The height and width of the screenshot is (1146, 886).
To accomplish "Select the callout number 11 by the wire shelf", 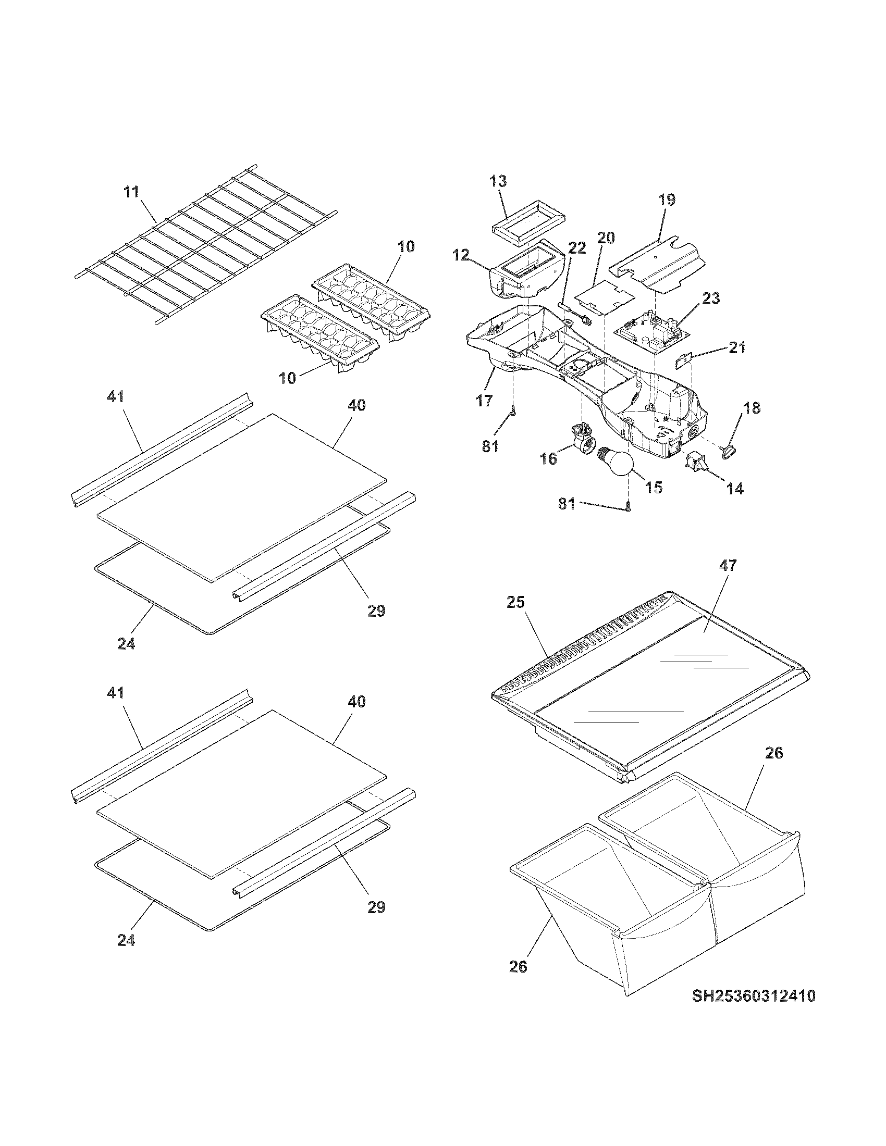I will pyautogui.click(x=131, y=192).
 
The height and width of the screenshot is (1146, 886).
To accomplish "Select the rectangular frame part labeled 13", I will pyautogui.click(x=528, y=223).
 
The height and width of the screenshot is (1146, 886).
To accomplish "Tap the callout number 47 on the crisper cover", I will pyautogui.click(x=728, y=565).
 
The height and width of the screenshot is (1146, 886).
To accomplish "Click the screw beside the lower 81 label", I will pyautogui.click(x=628, y=507).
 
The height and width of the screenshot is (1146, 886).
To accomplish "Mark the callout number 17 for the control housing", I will pyautogui.click(x=484, y=401).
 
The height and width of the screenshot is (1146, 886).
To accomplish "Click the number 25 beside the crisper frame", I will pyautogui.click(x=515, y=602).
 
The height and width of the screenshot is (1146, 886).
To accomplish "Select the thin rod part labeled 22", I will pyautogui.click(x=574, y=312).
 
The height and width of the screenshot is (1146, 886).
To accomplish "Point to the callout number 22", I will pyautogui.click(x=576, y=247).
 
